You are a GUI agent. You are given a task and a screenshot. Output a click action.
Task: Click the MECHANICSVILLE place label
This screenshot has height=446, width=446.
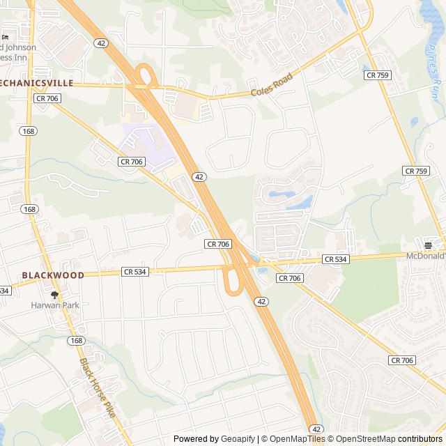pos(36,82)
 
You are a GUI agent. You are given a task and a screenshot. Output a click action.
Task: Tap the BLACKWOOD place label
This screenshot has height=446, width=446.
pos(53,275)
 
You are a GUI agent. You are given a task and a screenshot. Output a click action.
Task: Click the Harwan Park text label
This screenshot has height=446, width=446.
pos(55,305)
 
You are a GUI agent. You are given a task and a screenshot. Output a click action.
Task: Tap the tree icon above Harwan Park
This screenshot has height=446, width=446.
pos(55,295)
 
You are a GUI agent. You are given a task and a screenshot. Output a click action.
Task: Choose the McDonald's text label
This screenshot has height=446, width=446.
pos(426,256)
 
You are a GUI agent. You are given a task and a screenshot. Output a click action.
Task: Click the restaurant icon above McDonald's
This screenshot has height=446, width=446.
pos(428,245)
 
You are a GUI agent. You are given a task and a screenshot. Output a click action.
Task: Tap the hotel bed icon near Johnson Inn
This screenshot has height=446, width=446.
pos(6,36)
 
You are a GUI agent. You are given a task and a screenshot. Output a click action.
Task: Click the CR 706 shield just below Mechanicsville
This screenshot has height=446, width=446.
pos(46,99)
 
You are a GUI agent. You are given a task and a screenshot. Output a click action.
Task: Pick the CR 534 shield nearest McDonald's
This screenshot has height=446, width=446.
pos(335,259)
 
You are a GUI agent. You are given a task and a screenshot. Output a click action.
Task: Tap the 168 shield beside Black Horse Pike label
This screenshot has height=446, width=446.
pos(77,341)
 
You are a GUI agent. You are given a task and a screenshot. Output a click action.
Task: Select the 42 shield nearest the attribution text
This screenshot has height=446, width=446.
pos(317,429)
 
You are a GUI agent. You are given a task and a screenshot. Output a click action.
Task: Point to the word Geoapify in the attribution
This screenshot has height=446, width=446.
pos(238,439)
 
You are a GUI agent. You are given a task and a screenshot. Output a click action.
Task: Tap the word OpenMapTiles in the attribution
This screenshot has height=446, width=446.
pos(297,439)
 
